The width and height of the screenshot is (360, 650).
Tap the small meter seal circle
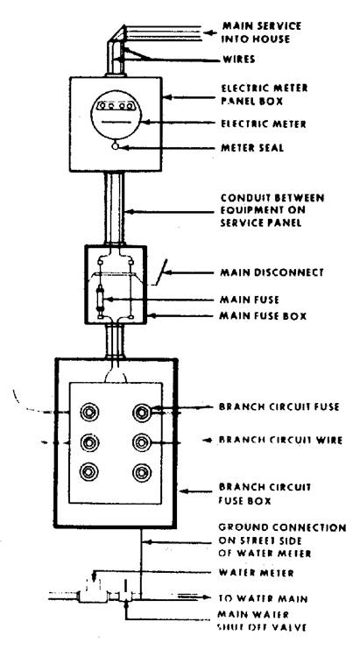[x=116, y=146]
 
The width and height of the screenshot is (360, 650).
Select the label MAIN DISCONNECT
[x=272, y=272]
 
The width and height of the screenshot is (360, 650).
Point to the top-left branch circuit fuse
[x=89, y=412]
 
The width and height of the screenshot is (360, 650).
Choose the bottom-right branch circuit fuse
[x=142, y=472]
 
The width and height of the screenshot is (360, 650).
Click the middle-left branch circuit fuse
[x=89, y=442]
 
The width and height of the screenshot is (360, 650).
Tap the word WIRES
[x=238, y=60]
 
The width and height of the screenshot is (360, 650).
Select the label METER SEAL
[x=253, y=148]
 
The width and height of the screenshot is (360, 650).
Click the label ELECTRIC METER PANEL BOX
[x=265, y=95]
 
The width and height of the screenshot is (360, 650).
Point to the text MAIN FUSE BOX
[x=263, y=316]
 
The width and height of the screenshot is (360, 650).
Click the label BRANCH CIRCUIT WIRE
[x=280, y=440]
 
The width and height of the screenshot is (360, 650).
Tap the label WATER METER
[x=257, y=573]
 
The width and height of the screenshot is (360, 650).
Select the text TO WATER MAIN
[x=263, y=598]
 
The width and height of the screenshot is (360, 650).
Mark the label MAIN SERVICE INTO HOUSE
[x=262, y=32]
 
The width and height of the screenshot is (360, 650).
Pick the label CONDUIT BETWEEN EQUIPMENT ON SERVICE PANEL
[x=272, y=210]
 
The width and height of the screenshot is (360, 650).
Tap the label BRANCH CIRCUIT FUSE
[x=279, y=406]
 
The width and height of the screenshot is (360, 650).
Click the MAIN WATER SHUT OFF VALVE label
[x=262, y=620]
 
